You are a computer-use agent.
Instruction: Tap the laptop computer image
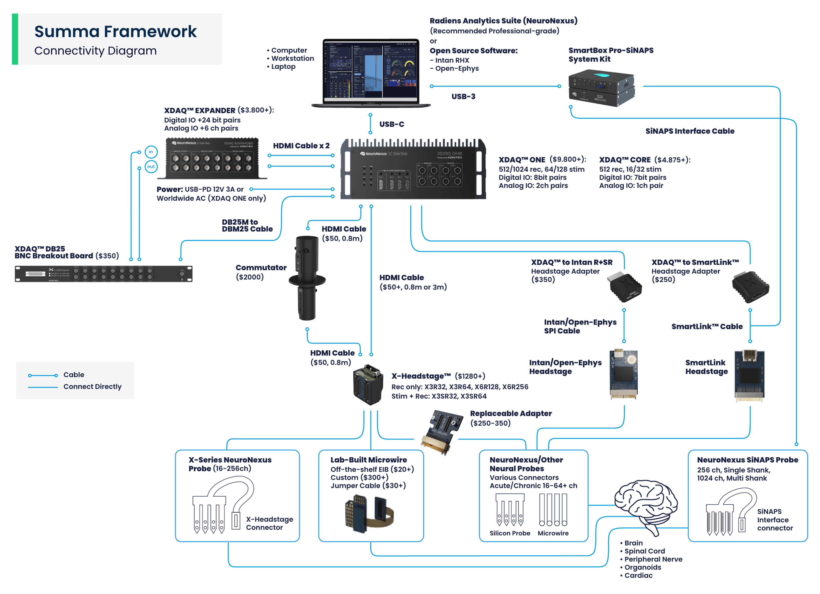[x=370, y=72]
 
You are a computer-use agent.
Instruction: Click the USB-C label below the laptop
[x=392, y=124]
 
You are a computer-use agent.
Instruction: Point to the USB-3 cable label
[x=463, y=96]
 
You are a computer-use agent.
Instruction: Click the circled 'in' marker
[x=151, y=152]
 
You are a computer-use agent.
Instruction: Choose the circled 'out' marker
[x=151, y=167]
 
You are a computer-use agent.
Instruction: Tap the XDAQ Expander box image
[x=212, y=158]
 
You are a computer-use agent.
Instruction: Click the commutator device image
[x=307, y=278]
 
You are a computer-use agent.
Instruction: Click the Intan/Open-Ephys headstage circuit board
[x=624, y=374]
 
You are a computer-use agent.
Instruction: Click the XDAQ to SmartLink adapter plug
[x=750, y=287]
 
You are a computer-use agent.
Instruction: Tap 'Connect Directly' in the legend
[x=92, y=386]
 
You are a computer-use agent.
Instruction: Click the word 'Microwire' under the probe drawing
[x=553, y=533]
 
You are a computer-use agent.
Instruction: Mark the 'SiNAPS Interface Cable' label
[x=690, y=131]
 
